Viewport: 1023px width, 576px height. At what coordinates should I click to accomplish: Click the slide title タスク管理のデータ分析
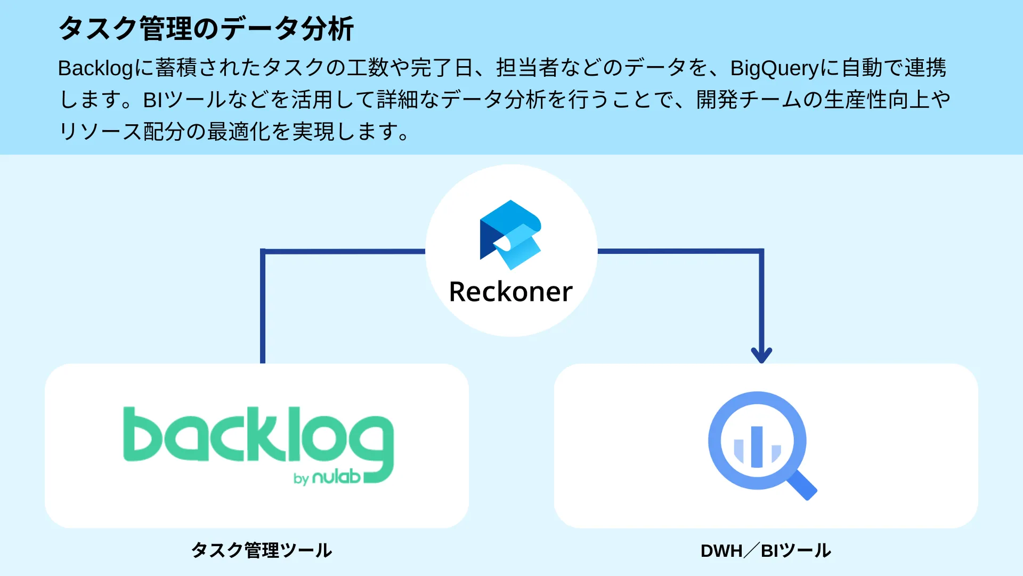click(206, 29)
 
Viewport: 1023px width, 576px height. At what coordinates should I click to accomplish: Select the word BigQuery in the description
click(774, 68)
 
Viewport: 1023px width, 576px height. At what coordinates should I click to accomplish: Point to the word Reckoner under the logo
click(510, 292)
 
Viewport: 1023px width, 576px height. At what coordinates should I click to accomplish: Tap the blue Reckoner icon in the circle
click(510, 235)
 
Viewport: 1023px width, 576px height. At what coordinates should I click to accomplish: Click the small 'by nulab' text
click(327, 477)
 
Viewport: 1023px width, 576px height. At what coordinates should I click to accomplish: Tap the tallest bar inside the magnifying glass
click(757, 447)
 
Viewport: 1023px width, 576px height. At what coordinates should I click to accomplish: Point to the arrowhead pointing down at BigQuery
click(761, 355)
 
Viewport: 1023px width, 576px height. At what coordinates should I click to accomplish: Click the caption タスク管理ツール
click(262, 550)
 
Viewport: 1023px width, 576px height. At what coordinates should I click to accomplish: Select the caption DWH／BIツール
click(766, 550)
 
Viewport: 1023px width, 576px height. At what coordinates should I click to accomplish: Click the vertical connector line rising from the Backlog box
click(263, 309)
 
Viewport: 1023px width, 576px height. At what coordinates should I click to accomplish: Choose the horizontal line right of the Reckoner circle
click(679, 251)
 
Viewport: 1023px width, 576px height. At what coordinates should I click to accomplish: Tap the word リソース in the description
click(100, 132)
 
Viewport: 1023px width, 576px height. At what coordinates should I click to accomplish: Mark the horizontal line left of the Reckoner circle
click(344, 251)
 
